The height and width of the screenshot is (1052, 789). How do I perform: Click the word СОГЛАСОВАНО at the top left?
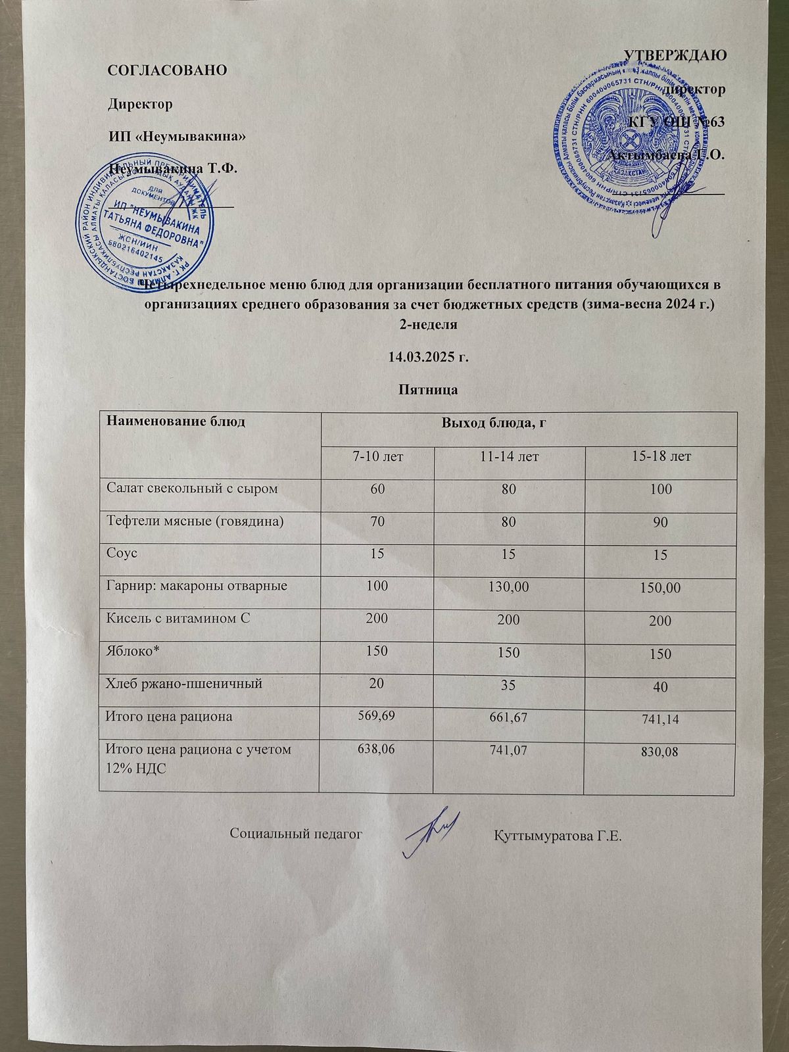click(x=168, y=69)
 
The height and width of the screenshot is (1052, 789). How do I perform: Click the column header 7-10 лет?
click(x=376, y=456)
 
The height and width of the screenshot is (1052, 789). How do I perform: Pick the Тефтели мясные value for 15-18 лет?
click(x=660, y=523)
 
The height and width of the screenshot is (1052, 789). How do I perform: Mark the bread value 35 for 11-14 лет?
click(x=508, y=685)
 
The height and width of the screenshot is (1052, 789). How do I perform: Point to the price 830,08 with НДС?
click(x=660, y=755)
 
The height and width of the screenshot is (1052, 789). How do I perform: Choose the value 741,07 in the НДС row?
click(x=508, y=753)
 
